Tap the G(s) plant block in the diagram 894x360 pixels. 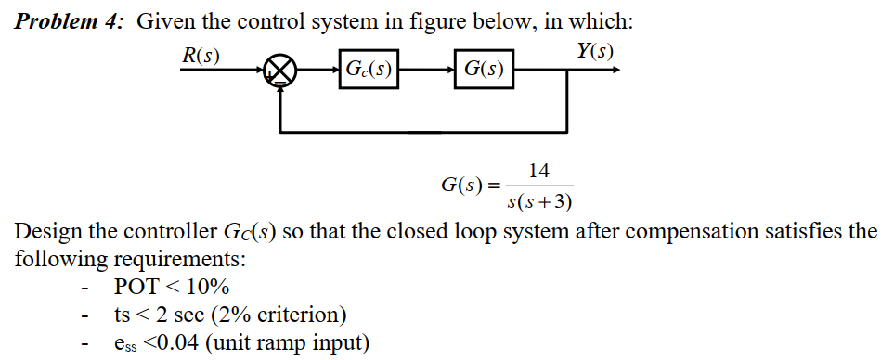pyautogui.click(x=483, y=69)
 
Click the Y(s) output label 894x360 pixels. pyautogui.click(x=594, y=50)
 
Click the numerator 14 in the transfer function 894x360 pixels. pyautogui.click(x=538, y=171)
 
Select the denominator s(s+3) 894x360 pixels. pyautogui.click(x=539, y=201)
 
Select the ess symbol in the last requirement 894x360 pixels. pyautogui.click(x=125, y=345)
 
